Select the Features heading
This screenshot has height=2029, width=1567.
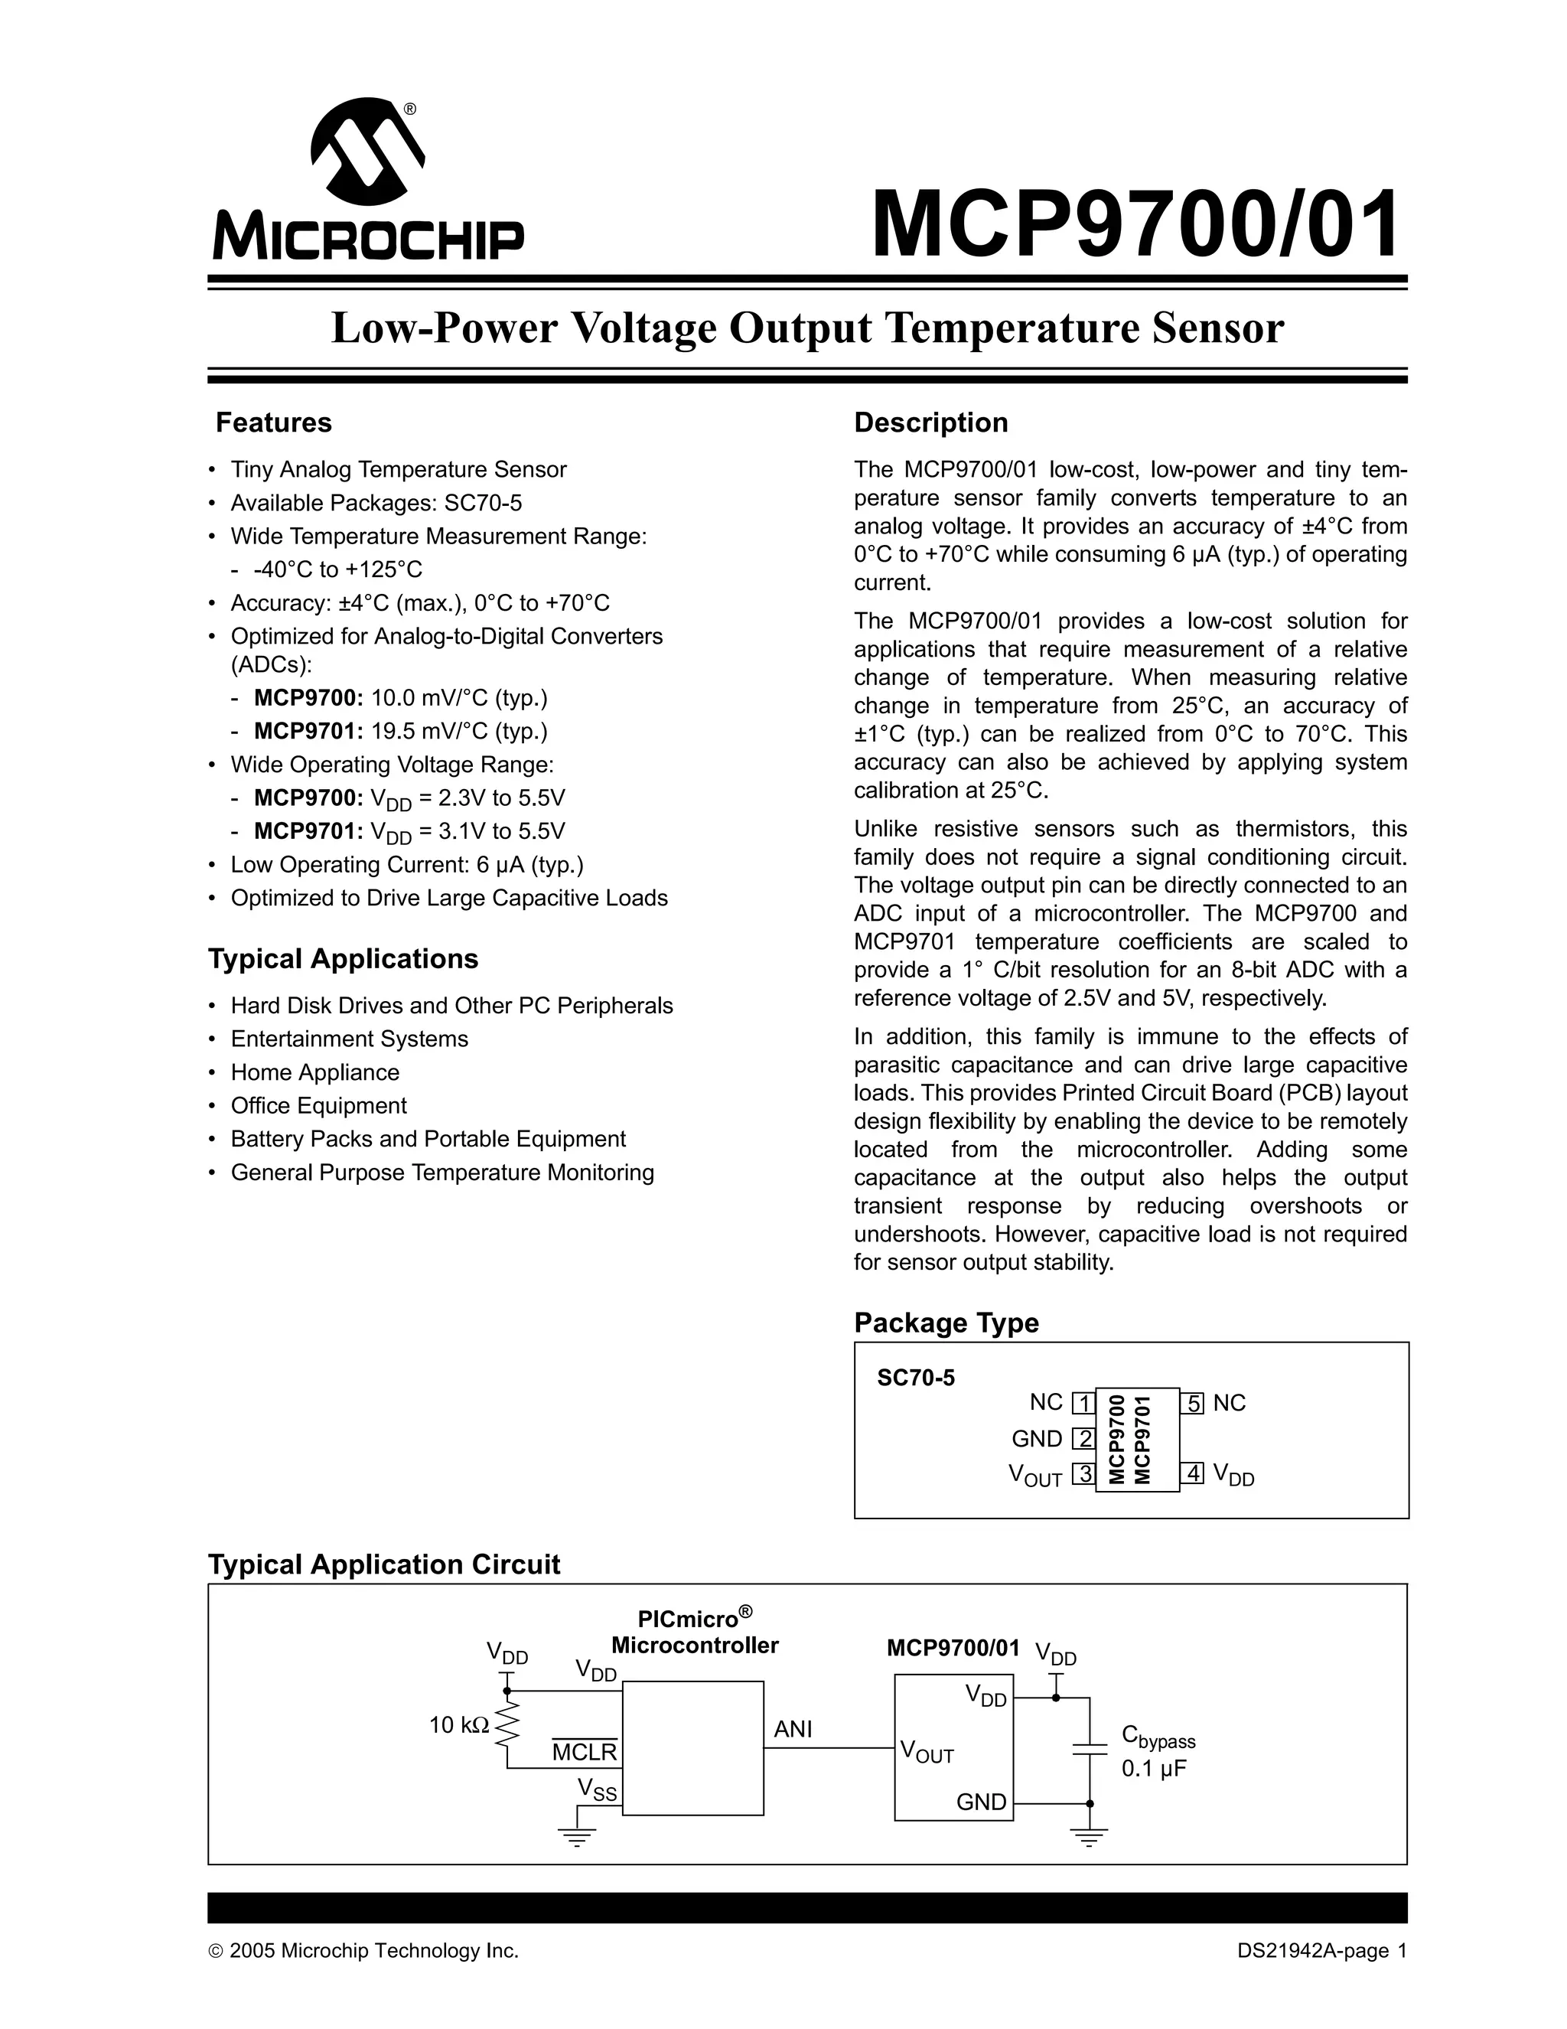(x=273, y=422)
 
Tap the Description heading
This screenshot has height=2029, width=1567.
(x=930, y=422)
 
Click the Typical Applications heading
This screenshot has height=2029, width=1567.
(x=343, y=959)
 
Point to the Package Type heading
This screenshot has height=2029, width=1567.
(x=946, y=1323)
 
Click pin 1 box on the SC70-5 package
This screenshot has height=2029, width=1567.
(x=1083, y=1403)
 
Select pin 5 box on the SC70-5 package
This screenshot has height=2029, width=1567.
(x=1193, y=1403)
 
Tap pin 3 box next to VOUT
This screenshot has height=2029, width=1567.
(x=1083, y=1473)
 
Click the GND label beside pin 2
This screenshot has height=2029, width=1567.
(x=1037, y=1439)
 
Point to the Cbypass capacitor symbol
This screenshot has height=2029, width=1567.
(x=1090, y=1750)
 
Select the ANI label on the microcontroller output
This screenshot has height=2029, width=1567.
(x=793, y=1729)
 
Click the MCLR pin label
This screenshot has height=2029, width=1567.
(x=585, y=1752)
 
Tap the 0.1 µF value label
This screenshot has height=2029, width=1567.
(x=1154, y=1769)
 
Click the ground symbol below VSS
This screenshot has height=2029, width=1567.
(x=577, y=1836)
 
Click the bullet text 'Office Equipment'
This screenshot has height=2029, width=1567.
(x=318, y=1105)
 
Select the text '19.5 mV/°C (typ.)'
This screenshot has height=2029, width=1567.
(x=460, y=731)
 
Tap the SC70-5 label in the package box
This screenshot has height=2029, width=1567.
(x=915, y=1378)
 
